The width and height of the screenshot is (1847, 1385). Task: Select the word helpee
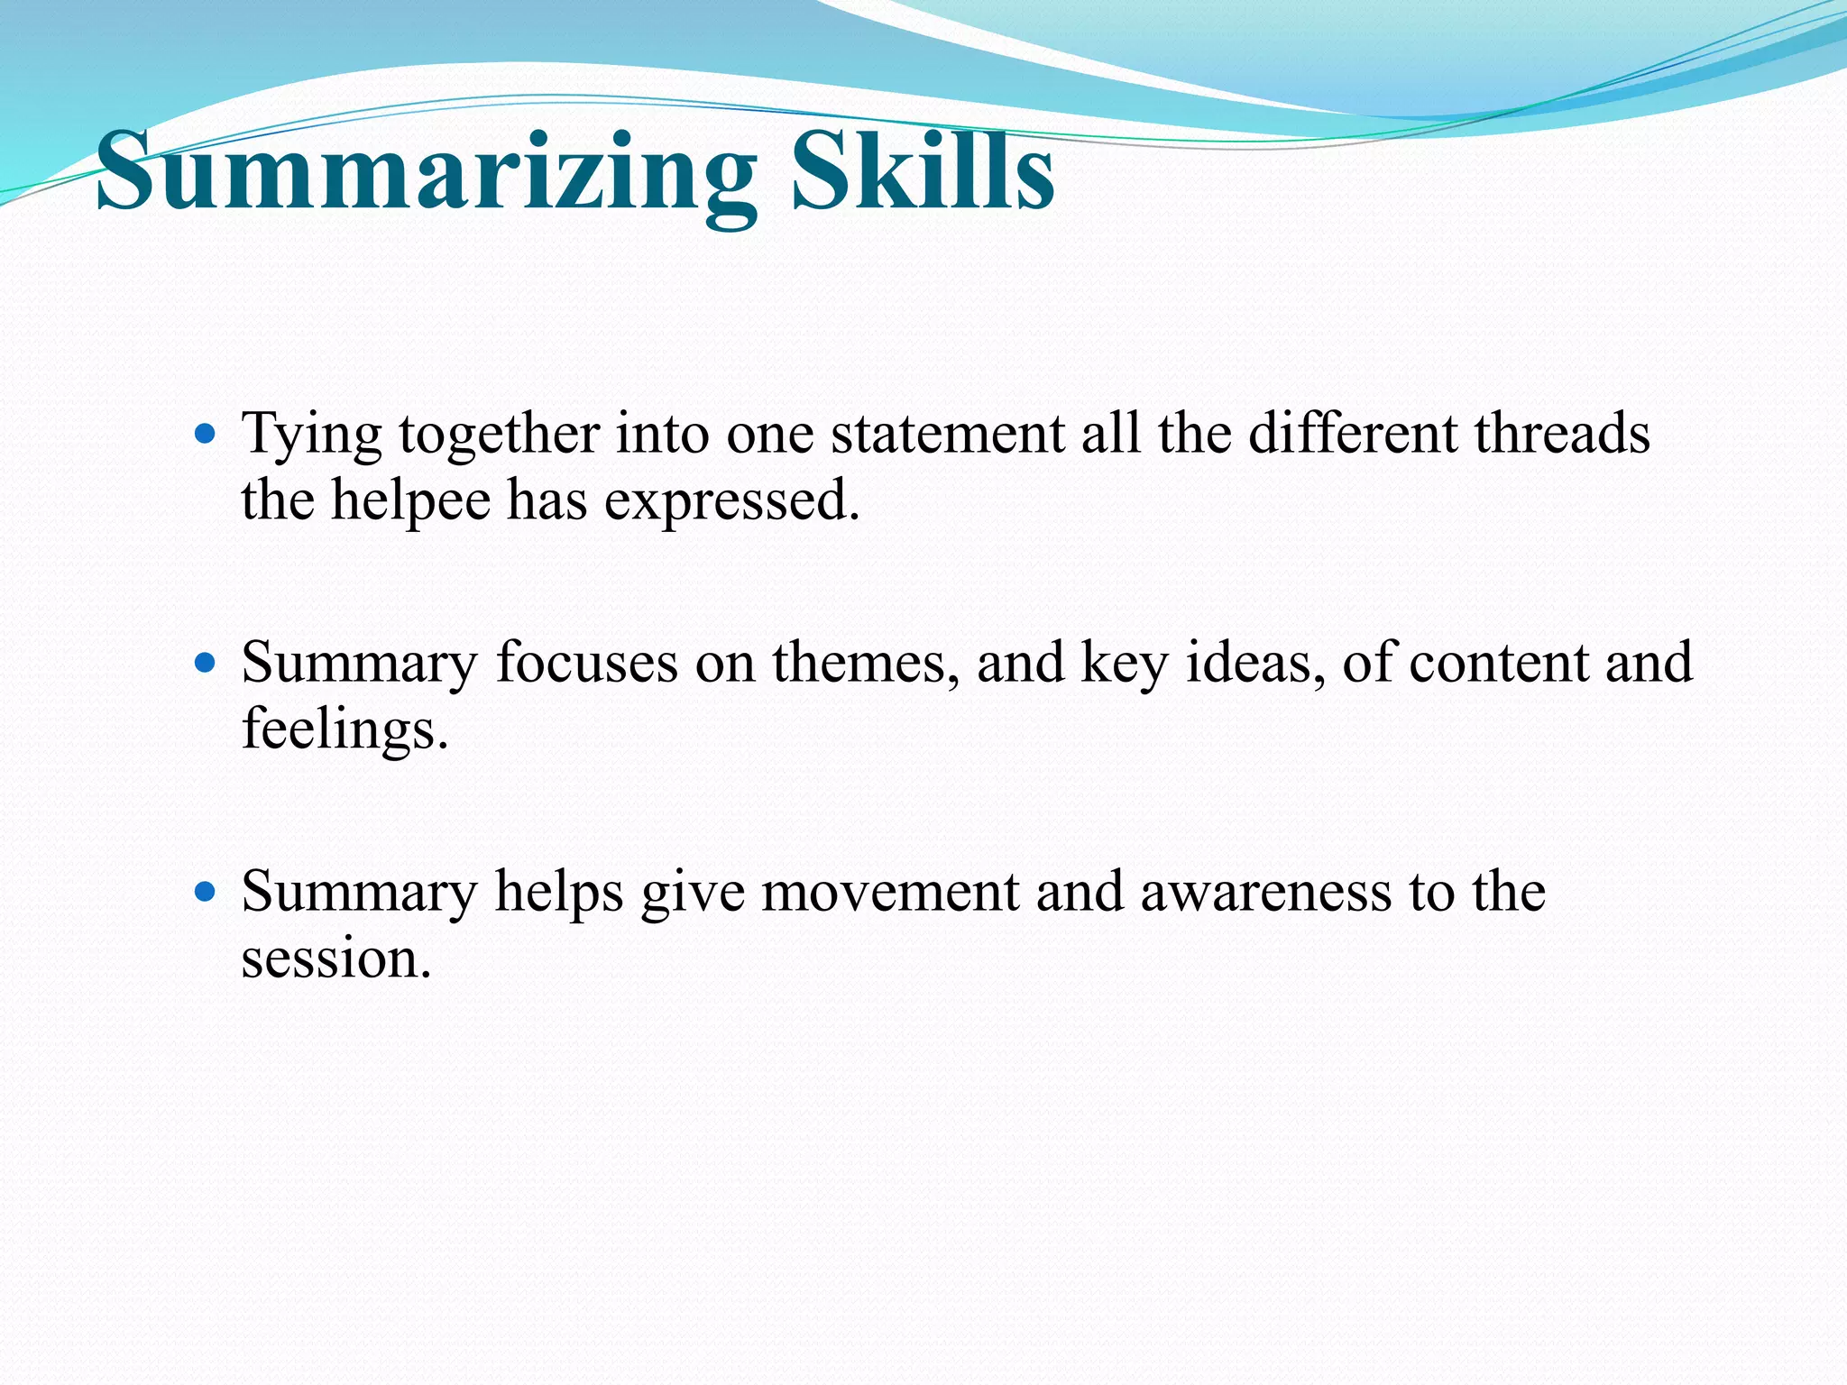[410, 501]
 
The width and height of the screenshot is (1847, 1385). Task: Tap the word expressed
[731, 501]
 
